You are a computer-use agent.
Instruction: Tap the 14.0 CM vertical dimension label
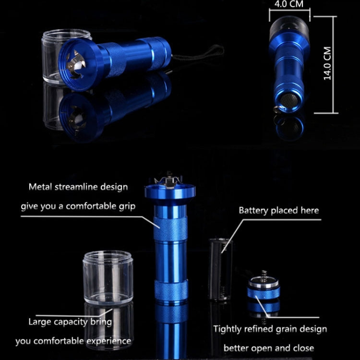(x=328, y=64)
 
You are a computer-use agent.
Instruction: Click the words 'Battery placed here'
(x=279, y=210)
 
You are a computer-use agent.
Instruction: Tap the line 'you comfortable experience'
(x=73, y=341)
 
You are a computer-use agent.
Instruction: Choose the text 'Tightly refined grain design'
(x=270, y=329)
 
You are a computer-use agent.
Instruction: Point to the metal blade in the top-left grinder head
(x=75, y=67)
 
